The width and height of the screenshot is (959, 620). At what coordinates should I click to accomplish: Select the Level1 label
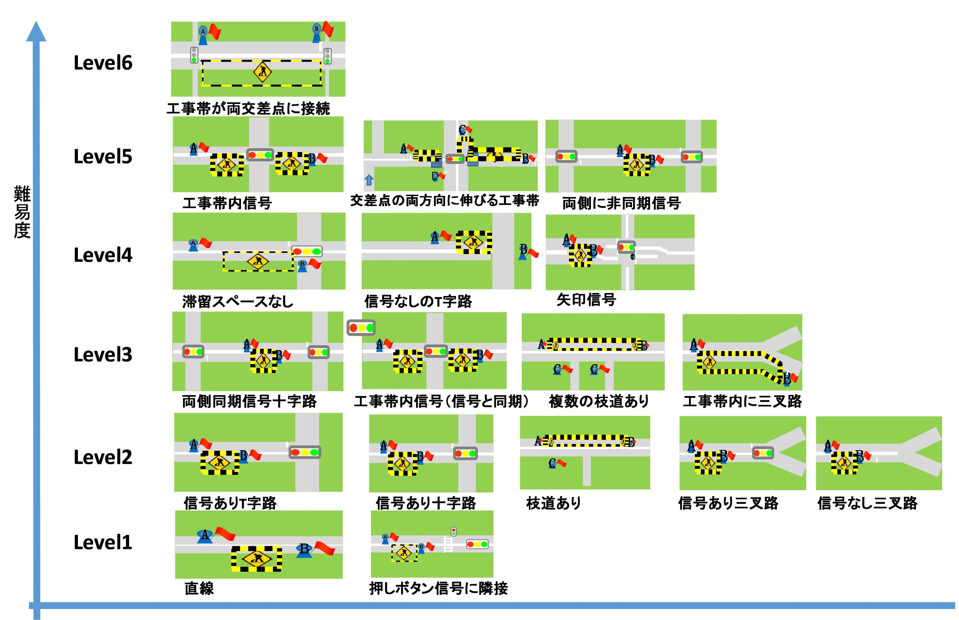pyautogui.click(x=103, y=542)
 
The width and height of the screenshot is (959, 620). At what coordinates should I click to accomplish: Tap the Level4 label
pyautogui.click(x=103, y=255)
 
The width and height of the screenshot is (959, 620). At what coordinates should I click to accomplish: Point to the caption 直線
pyautogui.click(x=199, y=588)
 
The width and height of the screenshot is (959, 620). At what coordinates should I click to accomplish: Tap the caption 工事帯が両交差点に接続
pyautogui.click(x=248, y=108)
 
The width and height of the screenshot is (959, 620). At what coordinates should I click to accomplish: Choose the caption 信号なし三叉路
pyautogui.click(x=867, y=503)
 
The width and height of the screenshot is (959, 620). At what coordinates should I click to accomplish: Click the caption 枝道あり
pyautogui.click(x=554, y=503)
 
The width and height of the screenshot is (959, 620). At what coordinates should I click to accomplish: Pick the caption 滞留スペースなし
pyautogui.click(x=238, y=301)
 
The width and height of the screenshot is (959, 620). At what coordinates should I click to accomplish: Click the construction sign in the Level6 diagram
pyautogui.click(x=262, y=72)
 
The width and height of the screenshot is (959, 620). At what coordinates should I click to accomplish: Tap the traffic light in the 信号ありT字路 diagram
pyautogui.click(x=305, y=452)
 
